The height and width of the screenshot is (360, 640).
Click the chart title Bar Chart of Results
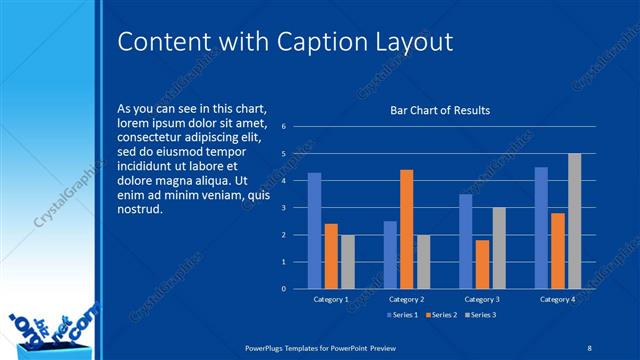[440, 111]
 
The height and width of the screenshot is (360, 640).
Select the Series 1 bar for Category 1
[314, 230]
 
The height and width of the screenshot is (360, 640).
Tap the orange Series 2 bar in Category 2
[406, 229]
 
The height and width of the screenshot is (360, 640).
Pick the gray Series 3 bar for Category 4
[574, 221]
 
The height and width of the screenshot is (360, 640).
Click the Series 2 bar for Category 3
[482, 264]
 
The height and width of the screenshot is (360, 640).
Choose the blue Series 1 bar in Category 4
[541, 227]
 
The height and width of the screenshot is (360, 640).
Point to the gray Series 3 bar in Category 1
[347, 261]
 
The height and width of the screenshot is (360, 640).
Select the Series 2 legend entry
[439, 315]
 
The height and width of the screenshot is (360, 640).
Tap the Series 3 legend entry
[480, 315]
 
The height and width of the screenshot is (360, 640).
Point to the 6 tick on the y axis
[284, 127]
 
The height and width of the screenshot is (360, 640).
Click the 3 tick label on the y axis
[284, 208]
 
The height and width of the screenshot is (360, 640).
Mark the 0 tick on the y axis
[284, 289]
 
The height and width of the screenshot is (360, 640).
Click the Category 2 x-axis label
[406, 299]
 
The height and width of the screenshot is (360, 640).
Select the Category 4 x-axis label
[557, 299]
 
